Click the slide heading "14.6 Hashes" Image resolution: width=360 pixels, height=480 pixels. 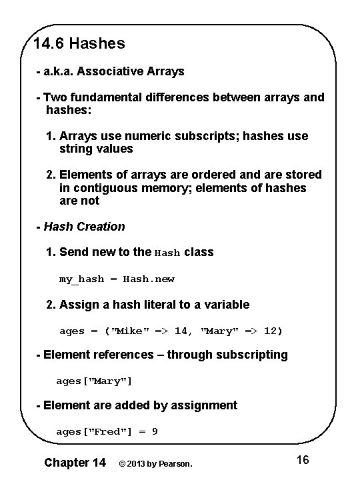point(79,44)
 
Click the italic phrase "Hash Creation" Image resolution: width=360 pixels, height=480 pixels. point(84,227)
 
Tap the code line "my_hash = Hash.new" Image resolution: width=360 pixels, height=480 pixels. point(117,279)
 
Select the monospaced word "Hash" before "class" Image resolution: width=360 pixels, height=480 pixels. point(167,253)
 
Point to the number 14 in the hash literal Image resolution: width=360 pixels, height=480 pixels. point(181,331)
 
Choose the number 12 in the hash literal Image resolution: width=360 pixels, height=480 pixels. point(270,331)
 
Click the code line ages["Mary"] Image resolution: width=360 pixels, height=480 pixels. point(94,381)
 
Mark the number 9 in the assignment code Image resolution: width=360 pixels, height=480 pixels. point(155,432)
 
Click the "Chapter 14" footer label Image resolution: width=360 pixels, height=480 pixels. point(75,462)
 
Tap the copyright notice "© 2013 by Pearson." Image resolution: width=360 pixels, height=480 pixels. point(155,463)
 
